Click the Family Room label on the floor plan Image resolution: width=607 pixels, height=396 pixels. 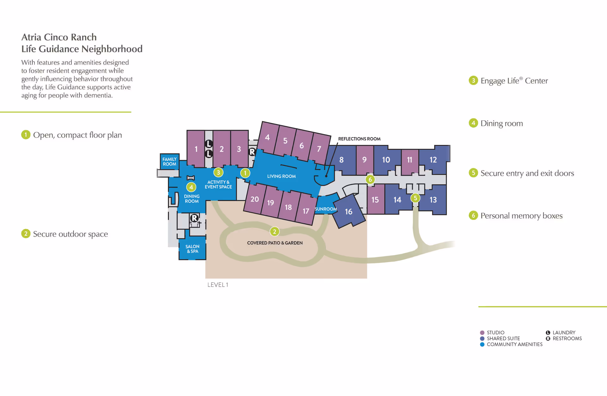pos(169,162)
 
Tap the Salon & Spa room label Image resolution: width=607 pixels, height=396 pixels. pos(192,249)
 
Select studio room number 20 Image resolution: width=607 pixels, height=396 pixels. pos(254,199)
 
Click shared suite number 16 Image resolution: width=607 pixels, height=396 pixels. pos(348,212)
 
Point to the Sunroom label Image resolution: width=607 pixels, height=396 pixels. pos(325,209)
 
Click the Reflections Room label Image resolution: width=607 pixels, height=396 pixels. pos(359,139)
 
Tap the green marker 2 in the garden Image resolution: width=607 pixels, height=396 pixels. pos(274,232)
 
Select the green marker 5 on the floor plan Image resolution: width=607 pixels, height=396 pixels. pos(415,198)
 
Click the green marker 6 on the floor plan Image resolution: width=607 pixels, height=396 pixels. pos(370,180)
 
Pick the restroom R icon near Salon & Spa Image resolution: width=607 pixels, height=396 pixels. pos(194,218)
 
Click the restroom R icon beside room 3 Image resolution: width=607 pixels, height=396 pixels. pos(252,152)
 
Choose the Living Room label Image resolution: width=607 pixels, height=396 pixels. pos(281,176)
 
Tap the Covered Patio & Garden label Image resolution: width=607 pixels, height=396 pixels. pos(275,243)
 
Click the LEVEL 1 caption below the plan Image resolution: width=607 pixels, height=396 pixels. pos(218,285)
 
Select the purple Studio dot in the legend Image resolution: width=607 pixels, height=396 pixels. pos(482,333)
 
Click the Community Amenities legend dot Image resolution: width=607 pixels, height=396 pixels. pos(482,344)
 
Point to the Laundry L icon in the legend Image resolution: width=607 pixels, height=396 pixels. pos(548,333)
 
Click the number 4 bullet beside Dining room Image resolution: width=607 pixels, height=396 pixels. pos(473,123)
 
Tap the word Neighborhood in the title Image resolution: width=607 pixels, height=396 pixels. pos(112,49)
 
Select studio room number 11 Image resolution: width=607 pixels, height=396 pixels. pos(409,160)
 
